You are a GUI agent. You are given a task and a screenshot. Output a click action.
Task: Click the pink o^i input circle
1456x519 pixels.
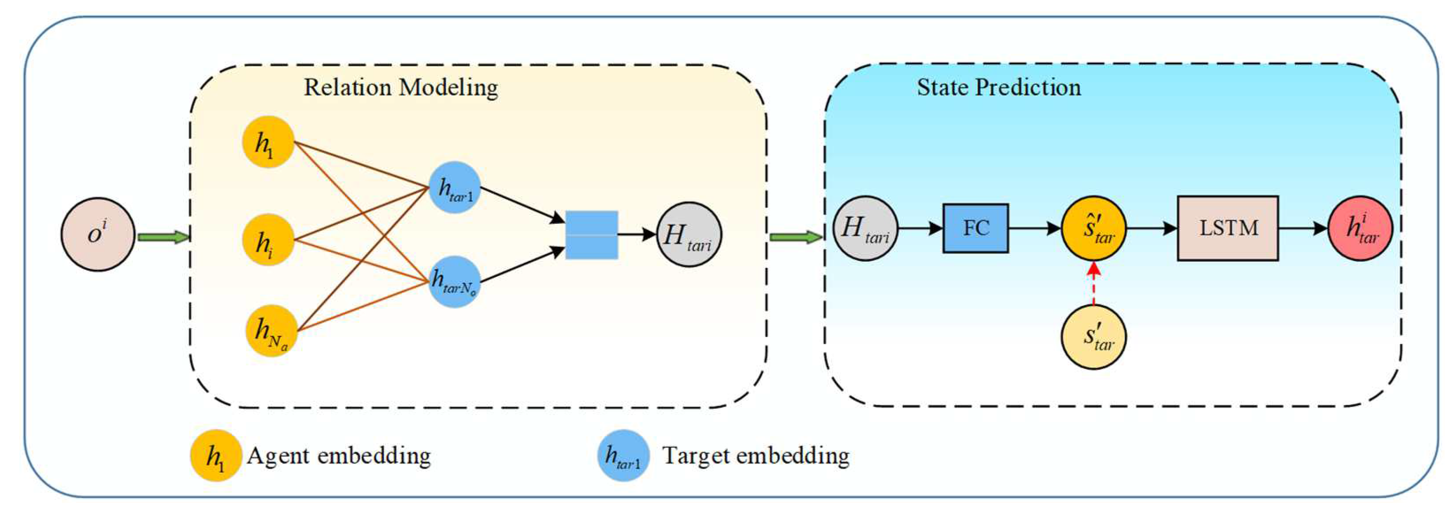click(x=98, y=234)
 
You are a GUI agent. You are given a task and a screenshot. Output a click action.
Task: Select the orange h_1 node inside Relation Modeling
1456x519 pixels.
click(x=268, y=142)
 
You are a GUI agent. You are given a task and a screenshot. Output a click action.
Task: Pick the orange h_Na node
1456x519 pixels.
click(x=271, y=331)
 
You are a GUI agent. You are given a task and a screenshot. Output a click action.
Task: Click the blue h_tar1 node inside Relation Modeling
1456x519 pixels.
click(x=454, y=188)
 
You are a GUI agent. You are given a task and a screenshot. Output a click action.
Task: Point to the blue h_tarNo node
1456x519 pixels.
click(x=454, y=281)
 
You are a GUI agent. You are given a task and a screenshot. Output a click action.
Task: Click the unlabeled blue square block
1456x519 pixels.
click(x=591, y=235)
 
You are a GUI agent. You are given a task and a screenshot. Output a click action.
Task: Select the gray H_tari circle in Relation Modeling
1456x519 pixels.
click(x=688, y=235)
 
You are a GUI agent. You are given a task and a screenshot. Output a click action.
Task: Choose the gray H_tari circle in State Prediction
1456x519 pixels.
click(x=865, y=228)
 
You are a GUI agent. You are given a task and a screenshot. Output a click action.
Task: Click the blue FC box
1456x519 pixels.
click(x=975, y=228)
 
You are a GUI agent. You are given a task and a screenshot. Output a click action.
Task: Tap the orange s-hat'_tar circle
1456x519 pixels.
click(x=1094, y=228)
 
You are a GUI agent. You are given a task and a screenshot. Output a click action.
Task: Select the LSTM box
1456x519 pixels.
click(x=1228, y=228)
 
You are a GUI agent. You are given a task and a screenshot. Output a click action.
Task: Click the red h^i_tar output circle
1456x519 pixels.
click(x=1360, y=228)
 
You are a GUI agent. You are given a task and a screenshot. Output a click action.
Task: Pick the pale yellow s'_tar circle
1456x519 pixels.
click(x=1094, y=337)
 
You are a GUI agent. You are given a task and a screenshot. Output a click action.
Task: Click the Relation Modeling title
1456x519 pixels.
click(x=401, y=87)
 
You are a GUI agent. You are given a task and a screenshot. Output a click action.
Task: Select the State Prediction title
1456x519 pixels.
click(x=998, y=87)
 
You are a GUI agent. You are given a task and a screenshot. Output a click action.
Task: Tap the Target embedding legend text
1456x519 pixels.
click(x=756, y=455)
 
